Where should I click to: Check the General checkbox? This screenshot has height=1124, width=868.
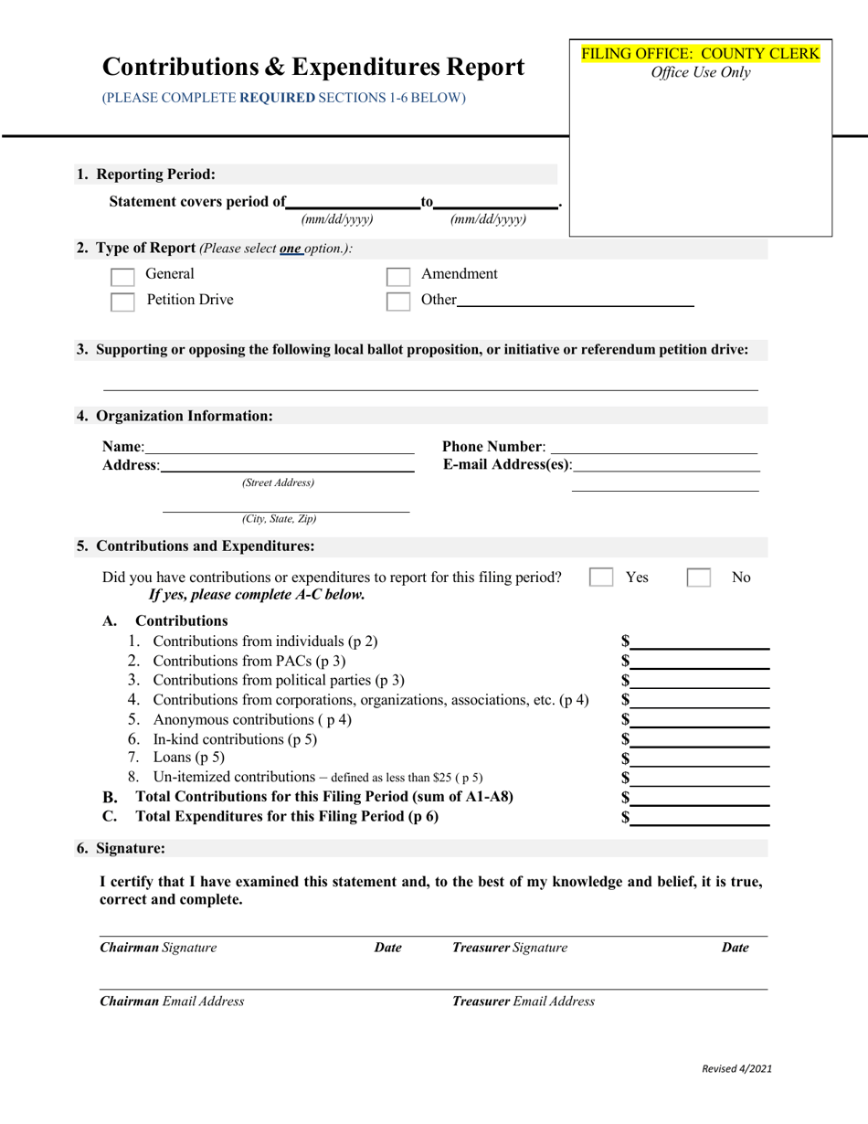click(122, 276)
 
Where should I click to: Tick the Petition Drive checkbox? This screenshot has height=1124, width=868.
click(122, 302)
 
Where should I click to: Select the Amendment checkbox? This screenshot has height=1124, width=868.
click(397, 276)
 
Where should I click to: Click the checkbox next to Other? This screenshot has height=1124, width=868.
click(397, 302)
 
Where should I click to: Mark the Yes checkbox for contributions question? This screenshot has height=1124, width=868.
click(601, 578)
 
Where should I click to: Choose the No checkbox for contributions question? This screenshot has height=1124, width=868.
click(699, 578)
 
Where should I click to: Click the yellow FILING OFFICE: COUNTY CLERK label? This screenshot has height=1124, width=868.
click(701, 53)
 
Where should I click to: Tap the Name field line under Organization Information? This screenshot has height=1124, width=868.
click(279, 447)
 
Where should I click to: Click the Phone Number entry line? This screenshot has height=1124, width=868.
click(654, 447)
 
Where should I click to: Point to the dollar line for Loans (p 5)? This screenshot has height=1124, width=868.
click(701, 758)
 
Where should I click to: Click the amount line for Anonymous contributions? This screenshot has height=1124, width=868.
click(701, 720)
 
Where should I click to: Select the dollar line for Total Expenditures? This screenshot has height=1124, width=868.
click(701, 818)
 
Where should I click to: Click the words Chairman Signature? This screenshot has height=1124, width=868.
click(158, 948)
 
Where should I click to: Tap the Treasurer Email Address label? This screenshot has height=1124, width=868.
click(524, 1001)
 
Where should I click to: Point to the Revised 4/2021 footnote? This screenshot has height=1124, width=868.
click(736, 1067)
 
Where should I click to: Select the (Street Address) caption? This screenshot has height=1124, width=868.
click(278, 482)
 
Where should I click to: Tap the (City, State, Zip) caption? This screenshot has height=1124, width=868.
click(280, 519)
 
